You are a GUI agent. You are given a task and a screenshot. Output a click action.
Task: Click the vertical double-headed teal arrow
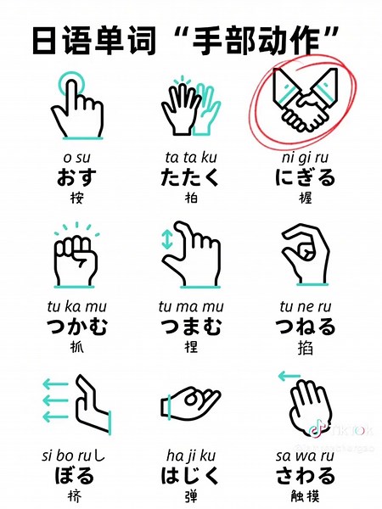(166, 240)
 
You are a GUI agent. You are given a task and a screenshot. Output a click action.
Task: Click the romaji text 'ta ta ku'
(190, 158)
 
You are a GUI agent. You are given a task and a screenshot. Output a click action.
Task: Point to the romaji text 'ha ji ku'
(190, 454)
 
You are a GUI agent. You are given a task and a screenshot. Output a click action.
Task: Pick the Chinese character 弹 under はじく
(190, 494)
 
